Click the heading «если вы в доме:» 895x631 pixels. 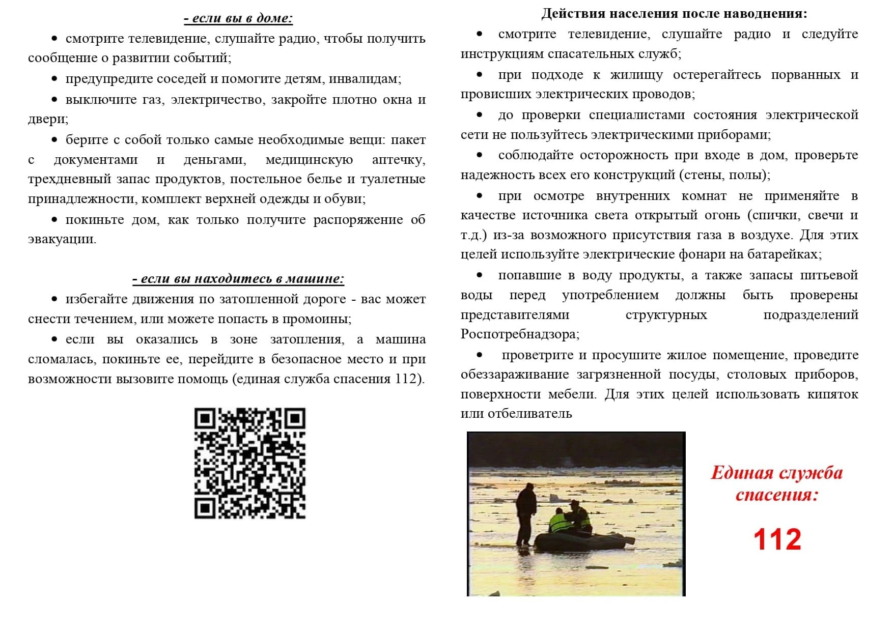tap(238, 18)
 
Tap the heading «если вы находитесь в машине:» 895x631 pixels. tap(238, 279)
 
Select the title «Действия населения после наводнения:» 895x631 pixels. tap(674, 14)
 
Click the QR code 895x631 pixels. tap(250, 463)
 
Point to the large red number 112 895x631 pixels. tap(777, 539)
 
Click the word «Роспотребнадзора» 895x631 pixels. tap(519, 334)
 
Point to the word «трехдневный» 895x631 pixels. tap(69, 179)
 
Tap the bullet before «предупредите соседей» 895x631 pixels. tap(54, 79)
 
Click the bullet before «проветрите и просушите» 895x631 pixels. tap(480, 355)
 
